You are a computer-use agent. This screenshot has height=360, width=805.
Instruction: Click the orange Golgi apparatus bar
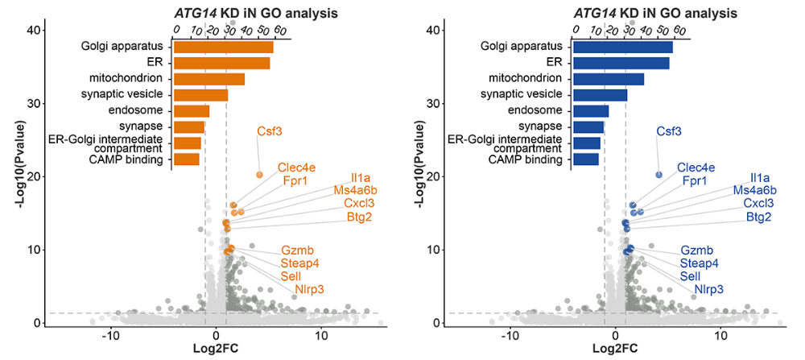(224, 47)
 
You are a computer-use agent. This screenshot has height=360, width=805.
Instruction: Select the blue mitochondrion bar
(609, 79)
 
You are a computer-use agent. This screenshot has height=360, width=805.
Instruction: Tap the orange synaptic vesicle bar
(200, 95)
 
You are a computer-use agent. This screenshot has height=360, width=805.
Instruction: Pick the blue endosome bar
(591, 111)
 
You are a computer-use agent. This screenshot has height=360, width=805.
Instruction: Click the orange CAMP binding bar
(187, 159)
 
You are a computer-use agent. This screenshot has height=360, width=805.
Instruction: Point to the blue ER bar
(621, 63)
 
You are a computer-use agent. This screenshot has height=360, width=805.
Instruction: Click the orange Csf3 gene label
(270, 131)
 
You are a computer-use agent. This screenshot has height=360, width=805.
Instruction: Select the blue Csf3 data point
(658, 175)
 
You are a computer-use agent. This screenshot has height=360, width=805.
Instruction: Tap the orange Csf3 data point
(259, 175)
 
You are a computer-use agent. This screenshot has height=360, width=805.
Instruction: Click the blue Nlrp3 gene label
(708, 289)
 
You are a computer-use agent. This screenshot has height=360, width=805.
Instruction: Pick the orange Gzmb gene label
(297, 250)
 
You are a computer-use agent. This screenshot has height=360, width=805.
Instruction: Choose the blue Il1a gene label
(760, 178)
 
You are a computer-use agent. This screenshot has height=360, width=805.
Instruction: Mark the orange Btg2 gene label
(359, 217)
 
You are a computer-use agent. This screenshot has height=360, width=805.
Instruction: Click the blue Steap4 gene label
(699, 263)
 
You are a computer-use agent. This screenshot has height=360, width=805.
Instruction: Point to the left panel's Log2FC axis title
(216, 348)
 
